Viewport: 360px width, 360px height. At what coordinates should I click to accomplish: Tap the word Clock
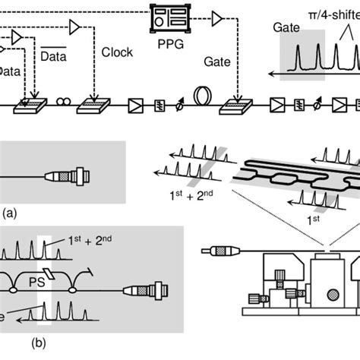(116, 53)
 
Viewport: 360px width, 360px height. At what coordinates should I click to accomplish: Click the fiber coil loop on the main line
(204, 96)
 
